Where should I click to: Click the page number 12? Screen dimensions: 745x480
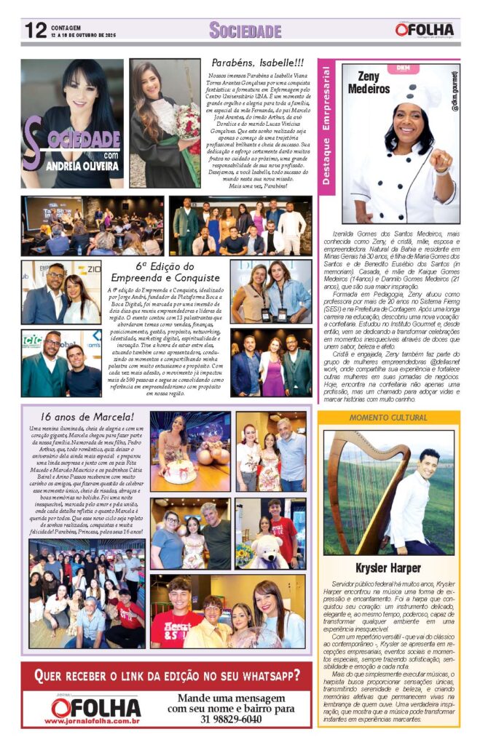point(35,30)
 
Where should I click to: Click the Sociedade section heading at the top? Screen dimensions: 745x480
point(245,30)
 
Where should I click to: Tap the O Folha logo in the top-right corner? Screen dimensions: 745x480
point(425,30)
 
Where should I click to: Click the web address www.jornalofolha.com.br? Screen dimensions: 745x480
point(92,720)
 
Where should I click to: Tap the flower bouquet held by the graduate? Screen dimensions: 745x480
point(187,121)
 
